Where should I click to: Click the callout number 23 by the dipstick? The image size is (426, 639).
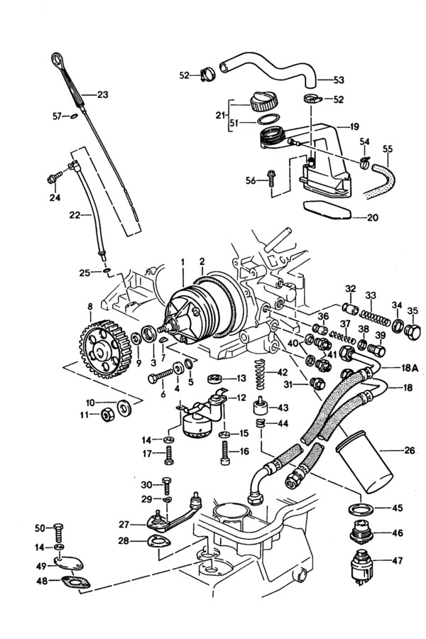point(103,94)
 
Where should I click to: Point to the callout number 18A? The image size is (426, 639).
point(410,368)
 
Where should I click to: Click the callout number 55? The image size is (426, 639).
point(387,149)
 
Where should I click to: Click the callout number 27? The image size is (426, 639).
point(124,525)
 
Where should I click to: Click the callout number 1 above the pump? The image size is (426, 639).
point(182,262)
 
